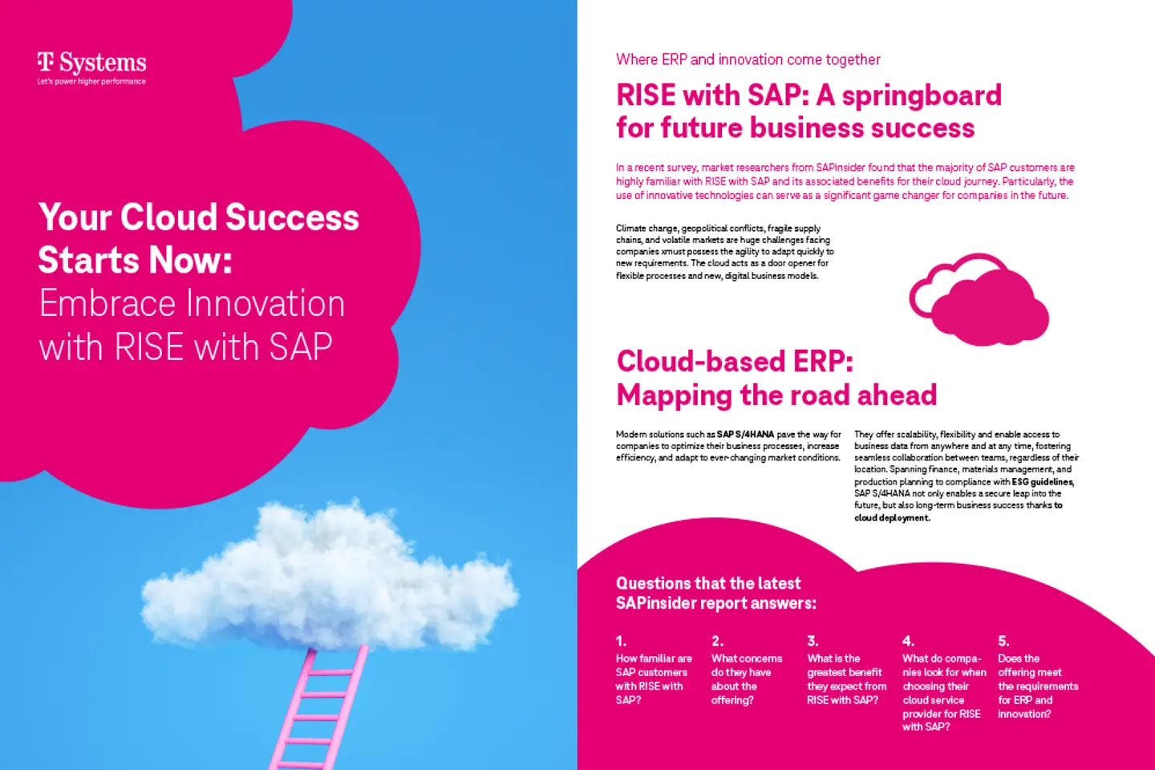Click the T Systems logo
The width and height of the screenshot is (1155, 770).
[91, 63]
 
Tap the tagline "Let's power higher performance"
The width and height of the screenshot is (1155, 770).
[91, 82]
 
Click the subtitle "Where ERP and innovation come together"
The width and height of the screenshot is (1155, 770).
[748, 59]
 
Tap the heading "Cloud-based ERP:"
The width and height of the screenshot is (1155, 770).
[734, 362]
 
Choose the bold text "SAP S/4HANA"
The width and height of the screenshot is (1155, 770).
[745, 434]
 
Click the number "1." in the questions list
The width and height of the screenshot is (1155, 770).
[621, 641]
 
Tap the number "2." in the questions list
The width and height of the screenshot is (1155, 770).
[717, 641]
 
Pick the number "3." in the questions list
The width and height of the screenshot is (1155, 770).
[813, 641]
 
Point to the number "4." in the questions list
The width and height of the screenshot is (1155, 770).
[908, 641]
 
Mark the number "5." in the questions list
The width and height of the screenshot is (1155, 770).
[1003, 641]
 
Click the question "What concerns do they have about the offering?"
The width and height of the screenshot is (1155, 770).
[746, 679]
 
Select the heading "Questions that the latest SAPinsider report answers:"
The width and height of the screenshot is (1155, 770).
[715, 594]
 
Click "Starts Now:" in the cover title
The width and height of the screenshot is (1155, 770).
[135, 261]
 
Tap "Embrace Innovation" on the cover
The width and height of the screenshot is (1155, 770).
[192, 304]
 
